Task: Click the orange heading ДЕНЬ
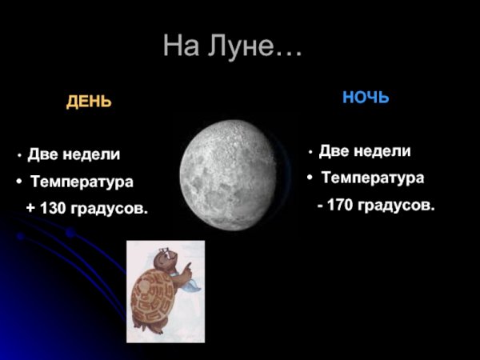(89, 102)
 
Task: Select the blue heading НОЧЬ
(366, 98)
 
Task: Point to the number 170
(342, 205)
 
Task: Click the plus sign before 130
(30, 209)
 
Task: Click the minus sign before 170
(320, 206)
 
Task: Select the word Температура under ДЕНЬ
(82, 182)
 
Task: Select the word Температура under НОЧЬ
(372, 177)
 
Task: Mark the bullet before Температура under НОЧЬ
(309, 178)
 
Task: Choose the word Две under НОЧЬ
(334, 150)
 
